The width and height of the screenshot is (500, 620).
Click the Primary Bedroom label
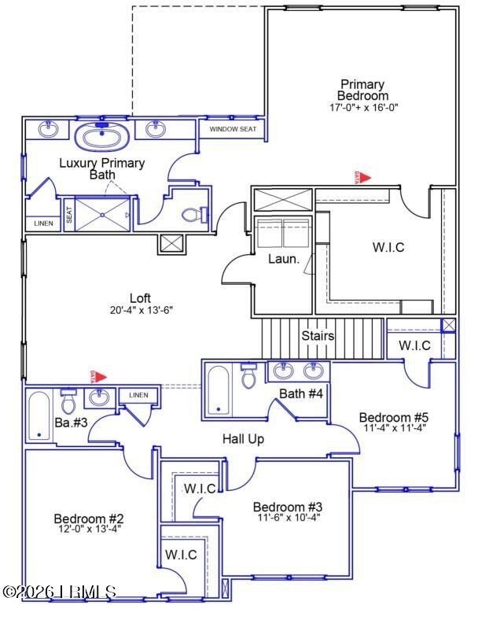[x=362, y=90]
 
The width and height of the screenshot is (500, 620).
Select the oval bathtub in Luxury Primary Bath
[x=102, y=137]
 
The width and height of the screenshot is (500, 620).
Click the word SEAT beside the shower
[x=69, y=215]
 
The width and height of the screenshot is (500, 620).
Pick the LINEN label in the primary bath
[x=44, y=223]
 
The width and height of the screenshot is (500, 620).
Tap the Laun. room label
[x=283, y=258]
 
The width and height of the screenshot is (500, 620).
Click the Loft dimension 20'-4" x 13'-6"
[x=140, y=310]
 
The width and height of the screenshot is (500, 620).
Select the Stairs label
[x=318, y=336]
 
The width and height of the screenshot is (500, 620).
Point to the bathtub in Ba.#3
[x=38, y=416]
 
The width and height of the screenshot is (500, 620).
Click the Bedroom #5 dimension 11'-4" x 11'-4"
[x=393, y=430]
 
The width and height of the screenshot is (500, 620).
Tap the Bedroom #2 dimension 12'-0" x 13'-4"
[x=89, y=529]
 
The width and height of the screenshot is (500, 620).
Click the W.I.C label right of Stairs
[x=414, y=345]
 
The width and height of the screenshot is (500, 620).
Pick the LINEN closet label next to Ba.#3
[x=138, y=395]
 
